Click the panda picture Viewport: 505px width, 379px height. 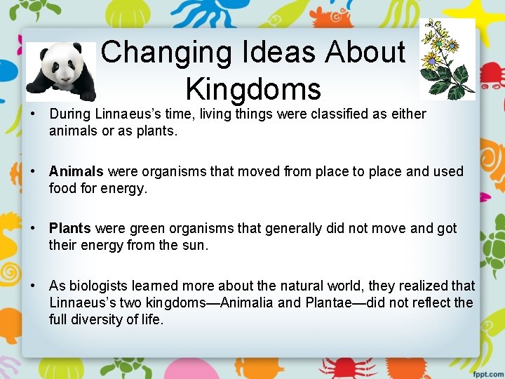pos(61,72)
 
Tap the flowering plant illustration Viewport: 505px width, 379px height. pos(447,60)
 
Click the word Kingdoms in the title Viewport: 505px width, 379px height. pos(253,89)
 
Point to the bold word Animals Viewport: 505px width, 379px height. pos(76,171)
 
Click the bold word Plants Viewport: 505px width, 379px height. pos(70,228)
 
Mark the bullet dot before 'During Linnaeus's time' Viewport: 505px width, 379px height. pos(33,114)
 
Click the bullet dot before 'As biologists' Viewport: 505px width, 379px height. pos(33,286)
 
